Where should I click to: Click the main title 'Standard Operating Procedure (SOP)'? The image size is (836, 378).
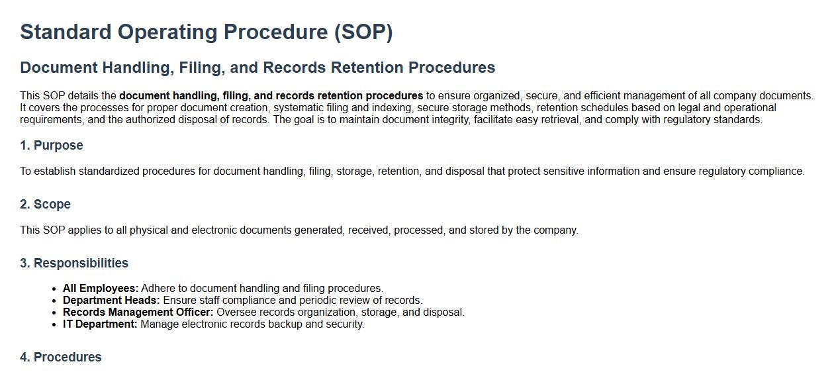click(207, 32)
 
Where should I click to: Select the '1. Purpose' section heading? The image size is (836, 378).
click(52, 145)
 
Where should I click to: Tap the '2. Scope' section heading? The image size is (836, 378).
click(45, 204)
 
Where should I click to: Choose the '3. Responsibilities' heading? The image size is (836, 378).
click(74, 263)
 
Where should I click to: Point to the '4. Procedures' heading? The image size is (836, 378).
click(61, 357)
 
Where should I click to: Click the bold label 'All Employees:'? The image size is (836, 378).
click(101, 289)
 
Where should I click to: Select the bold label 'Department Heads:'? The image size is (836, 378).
click(111, 301)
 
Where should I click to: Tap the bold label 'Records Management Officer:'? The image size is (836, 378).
click(138, 312)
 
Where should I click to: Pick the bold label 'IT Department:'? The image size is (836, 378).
click(100, 324)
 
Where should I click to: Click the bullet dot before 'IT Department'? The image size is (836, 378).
click(54, 324)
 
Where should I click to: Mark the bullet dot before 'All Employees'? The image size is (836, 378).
click(54, 289)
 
